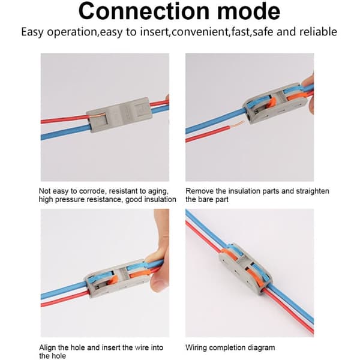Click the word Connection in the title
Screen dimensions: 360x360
pyautogui.click(x=144, y=11)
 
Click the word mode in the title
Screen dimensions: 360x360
pyautogui.click(x=248, y=11)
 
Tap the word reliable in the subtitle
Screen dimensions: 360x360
pyautogui.click(x=318, y=32)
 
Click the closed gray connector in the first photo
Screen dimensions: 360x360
pyautogui.click(x=119, y=115)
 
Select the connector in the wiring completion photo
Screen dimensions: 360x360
pyautogui.click(x=245, y=269)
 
